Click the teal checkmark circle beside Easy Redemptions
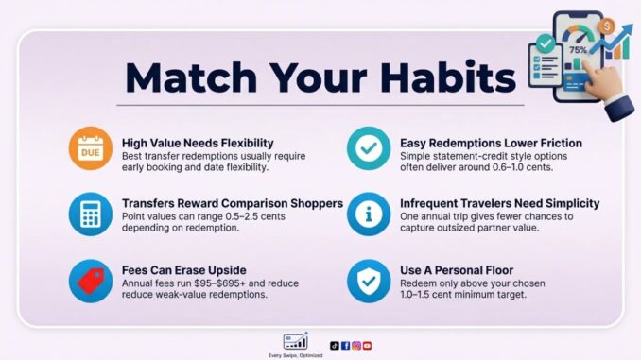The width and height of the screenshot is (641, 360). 368,148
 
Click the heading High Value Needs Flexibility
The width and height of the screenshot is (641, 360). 199,143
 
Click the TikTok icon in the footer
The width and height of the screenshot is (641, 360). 335,345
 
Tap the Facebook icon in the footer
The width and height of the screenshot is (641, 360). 345,345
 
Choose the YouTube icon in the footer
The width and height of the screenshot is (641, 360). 367,345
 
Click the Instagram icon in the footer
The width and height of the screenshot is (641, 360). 355,345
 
